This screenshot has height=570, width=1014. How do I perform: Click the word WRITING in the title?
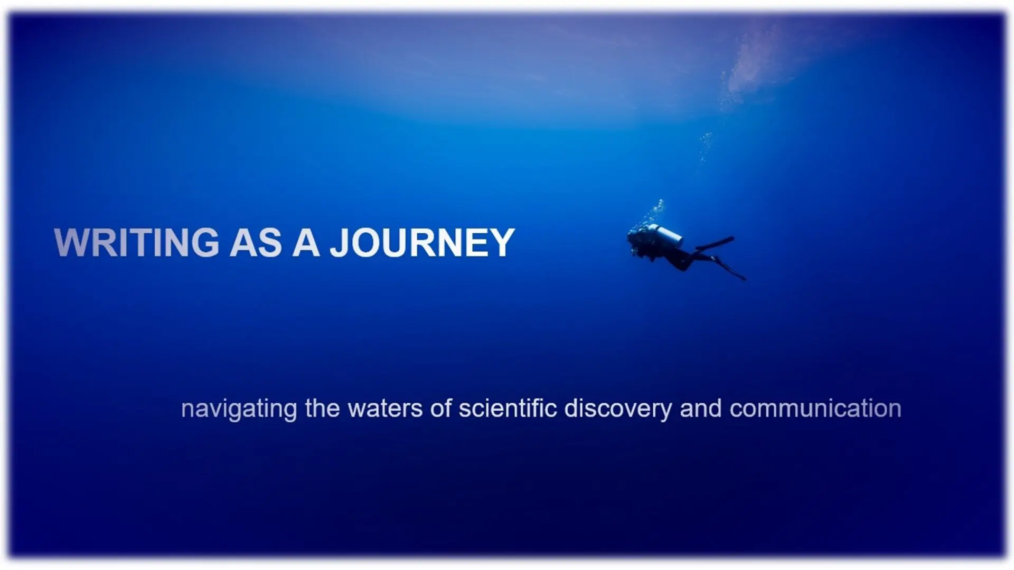[x=136, y=243]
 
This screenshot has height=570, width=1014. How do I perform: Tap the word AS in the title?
[x=256, y=243]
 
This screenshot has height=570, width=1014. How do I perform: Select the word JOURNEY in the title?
[x=422, y=243]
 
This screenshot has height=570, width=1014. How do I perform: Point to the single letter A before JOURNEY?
[x=306, y=243]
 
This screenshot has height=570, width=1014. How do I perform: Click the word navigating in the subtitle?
[x=239, y=410]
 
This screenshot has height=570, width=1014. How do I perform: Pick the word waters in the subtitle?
[x=385, y=409]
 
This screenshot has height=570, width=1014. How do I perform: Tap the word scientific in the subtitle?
[x=508, y=409]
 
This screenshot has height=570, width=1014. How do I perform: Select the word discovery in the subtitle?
[x=618, y=410]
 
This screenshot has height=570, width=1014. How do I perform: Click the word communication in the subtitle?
[x=815, y=409]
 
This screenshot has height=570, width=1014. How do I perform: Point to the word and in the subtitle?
[x=700, y=409]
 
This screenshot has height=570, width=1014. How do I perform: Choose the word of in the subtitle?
[x=440, y=409]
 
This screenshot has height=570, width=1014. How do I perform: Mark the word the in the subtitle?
[x=322, y=409]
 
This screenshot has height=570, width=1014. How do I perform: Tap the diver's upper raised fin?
[x=715, y=243]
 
